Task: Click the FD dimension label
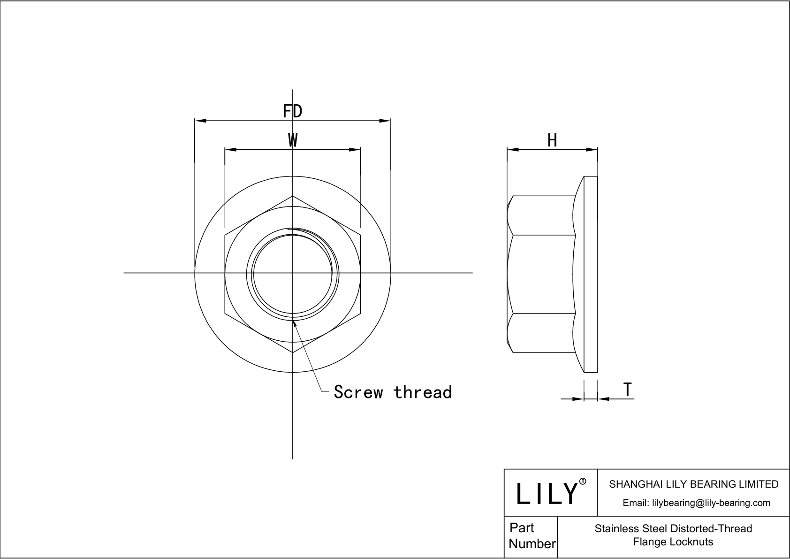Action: [x=292, y=112]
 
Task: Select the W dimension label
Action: [x=292, y=140]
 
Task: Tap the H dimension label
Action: [x=552, y=140]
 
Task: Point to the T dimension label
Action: [x=628, y=390]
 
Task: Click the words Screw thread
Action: [x=393, y=392]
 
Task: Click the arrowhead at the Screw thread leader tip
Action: [x=295, y=322]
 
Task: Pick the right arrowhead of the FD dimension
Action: [x=385, y=121]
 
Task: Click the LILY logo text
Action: [x=547, y=493]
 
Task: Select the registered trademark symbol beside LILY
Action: [x=583, y=481]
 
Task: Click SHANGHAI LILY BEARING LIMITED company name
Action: [x=693, y=484]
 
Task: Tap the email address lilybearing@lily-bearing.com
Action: [x=696, y=503]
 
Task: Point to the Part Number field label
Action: [x=531, y=536]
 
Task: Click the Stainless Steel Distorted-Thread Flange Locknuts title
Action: [x=673, y=535]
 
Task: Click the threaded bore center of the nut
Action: [x=293, y=273]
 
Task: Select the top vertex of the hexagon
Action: [x=293, y=196]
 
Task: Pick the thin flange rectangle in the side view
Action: [x=591, y=274]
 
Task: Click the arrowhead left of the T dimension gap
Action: [x=578, y=399]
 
